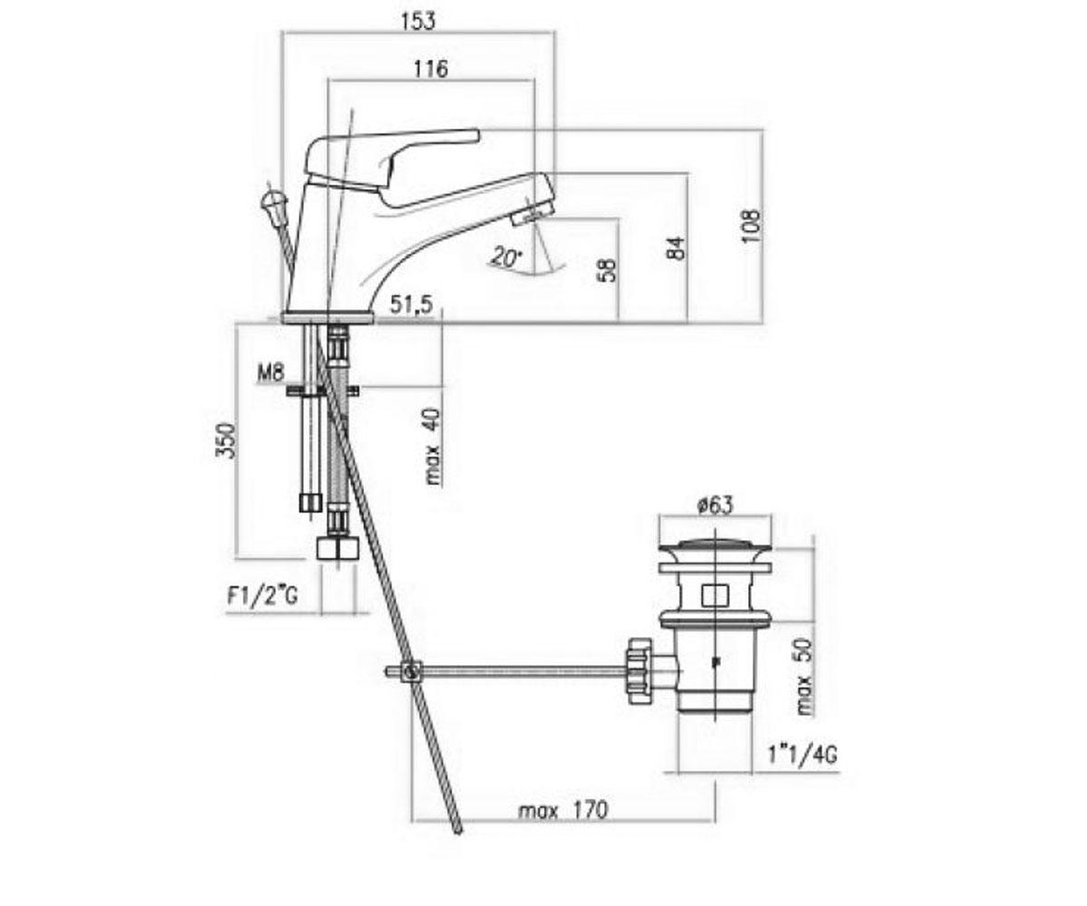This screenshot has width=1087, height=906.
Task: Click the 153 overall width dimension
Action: click(418, 22)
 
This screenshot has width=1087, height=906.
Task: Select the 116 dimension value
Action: click(430, 69)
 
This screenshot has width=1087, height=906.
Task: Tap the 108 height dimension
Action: click(751, 226)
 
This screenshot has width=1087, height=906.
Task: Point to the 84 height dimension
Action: click(676, 248)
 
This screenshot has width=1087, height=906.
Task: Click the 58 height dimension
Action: click(607, 270)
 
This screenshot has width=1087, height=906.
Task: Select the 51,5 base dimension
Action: click(411, 304)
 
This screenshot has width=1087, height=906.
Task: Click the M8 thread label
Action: click(271, 372)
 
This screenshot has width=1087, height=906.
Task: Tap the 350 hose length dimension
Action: click(226, 441)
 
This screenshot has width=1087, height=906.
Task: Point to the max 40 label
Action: click(433, 448)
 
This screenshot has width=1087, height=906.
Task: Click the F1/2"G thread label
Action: click(263, 596)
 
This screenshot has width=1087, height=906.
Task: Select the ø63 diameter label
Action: click(715, 505)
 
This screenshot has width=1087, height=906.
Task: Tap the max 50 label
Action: click(804, 677)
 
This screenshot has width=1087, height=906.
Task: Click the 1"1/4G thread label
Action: click(803, 755)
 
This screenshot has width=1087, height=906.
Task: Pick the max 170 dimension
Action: click(563, 810)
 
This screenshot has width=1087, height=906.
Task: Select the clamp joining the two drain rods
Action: click(413, 671)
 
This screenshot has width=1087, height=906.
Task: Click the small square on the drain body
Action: click(715, 595)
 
